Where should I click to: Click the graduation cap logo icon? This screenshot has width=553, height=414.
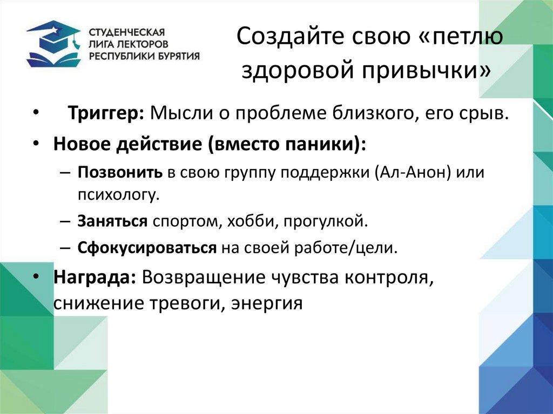tap(53, 43)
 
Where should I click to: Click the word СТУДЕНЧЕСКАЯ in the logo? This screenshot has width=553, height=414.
tap(125, 32)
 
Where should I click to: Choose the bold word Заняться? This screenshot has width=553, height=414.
tap(112, 221)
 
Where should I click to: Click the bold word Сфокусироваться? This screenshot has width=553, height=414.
tap(146, 248)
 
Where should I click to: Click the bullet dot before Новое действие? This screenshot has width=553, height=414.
tap(35, 145)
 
